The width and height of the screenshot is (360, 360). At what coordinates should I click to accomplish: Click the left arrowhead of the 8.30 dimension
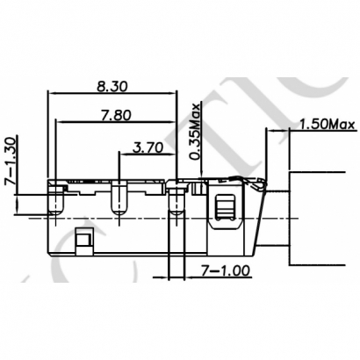(51, 93)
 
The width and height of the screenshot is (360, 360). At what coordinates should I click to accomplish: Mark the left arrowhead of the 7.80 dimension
(58, 123)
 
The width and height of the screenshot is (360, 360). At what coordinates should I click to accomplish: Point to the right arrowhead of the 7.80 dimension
(172, 123)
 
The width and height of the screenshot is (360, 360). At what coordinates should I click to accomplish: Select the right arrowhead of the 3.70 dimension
(172, 155)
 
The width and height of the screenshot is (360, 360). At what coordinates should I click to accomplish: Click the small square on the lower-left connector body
(83, 238)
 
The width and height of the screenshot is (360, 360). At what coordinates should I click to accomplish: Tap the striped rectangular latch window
(224, 207)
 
